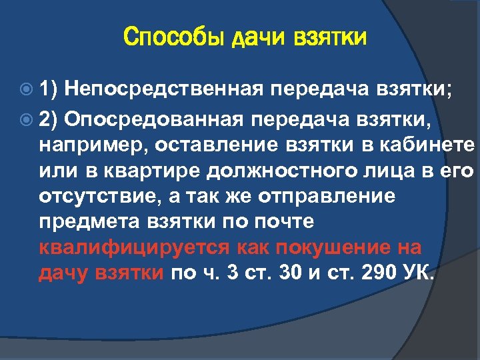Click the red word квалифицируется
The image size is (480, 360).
click(x=135, y=248)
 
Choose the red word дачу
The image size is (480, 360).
click(x=62, y=273)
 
